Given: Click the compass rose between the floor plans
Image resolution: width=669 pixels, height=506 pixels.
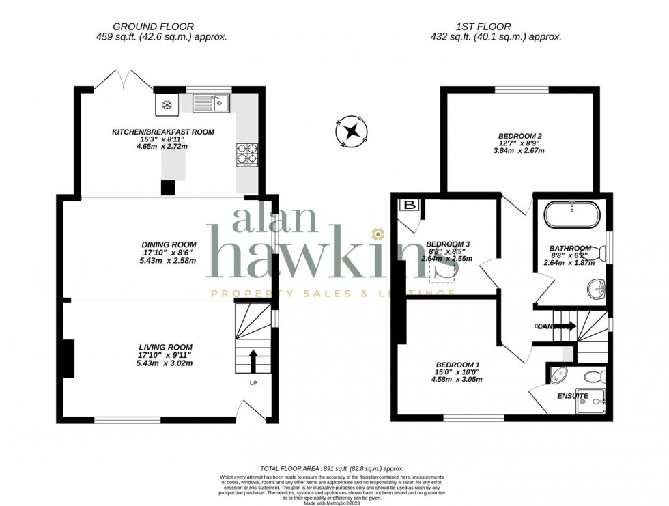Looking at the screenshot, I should pyautogui.click(x=354, y=132).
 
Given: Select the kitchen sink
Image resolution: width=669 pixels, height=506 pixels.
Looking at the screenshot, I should pyautogui.click(x=212, y=104).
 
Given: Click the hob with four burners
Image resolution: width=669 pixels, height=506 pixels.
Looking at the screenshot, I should pyautogui.click(x=246, y=154).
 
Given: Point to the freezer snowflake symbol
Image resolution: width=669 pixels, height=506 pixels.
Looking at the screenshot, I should pyautogui.click(x=167, y=105).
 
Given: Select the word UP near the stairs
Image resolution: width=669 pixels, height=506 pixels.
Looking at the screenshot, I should pyautogui.click(x=253, y=383).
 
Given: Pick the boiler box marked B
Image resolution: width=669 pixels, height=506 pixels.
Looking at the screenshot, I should pyautogui.click(x=411, y=205).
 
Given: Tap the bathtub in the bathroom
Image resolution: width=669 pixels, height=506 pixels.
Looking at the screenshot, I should pyautogui.click(x=571, y=216).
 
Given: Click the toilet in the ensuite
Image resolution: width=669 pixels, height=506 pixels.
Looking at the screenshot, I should pyautogui.click(x=595, y=376).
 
